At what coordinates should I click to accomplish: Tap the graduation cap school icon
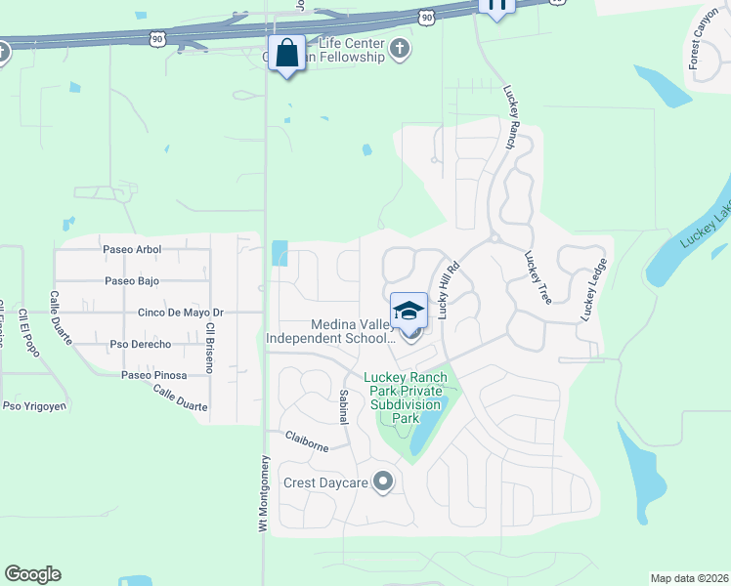pyautogui.click(x=409, y=312)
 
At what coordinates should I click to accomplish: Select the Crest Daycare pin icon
pyautogui.click(x=383, y=481)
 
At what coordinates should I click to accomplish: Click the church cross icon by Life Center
pyautogui.click(x=399, y=49)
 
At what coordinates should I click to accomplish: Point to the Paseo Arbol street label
pyautogui.click(x=132, y=250)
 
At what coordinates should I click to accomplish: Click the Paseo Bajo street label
pyautogui.click(x=131, y=281)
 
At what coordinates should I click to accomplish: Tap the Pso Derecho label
pyautogui.click(x=140, y=344)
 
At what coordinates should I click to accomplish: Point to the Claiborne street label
pyautogui.click(x=307, y=440)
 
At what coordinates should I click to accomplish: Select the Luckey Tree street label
pyautogui.click(x=537, y=277)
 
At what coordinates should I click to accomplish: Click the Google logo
pyautogui.click(x=32, y=574)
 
